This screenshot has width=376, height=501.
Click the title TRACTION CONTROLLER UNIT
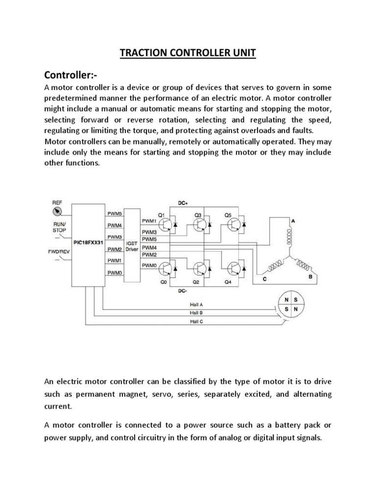click(188, 53)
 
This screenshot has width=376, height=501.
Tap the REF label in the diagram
click(58, 202)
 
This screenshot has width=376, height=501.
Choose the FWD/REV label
click(58, 252)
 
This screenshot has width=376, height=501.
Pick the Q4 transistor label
click(229, 282)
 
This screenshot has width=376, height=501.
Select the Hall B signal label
click(197, 312)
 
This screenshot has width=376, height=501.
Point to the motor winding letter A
click(293, 221)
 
